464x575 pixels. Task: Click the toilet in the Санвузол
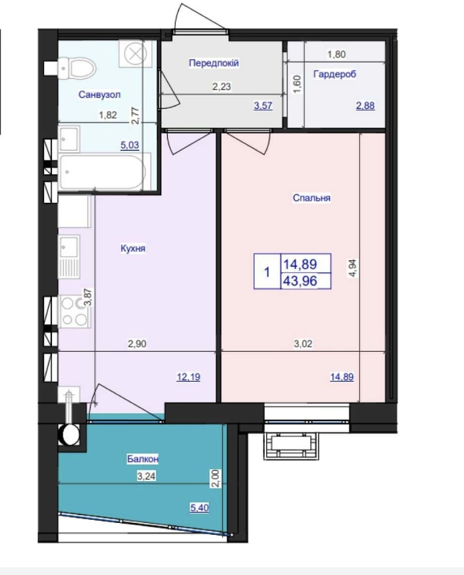point(77,68)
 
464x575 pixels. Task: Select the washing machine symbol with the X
point(135,54)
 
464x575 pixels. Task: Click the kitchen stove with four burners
point(74,311)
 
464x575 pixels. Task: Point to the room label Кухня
point(133,248)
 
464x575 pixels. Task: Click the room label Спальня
point(312,198)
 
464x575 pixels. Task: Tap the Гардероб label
point(335,74)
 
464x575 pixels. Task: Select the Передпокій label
point(213,63)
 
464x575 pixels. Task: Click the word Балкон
point(142,459)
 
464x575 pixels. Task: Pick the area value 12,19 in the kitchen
point(188,377)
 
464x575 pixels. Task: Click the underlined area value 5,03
point(130,145)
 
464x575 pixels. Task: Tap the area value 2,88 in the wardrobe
point(365,106)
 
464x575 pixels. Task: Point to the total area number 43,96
point(300,281)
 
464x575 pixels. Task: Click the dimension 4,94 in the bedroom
point(353,268)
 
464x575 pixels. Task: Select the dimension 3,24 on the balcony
point(146,476)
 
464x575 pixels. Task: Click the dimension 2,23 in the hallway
point(222,87)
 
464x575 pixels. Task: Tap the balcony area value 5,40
point(199,508)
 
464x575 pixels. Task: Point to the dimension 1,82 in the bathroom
point(108,115)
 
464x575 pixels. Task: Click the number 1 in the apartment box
point(267,272)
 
